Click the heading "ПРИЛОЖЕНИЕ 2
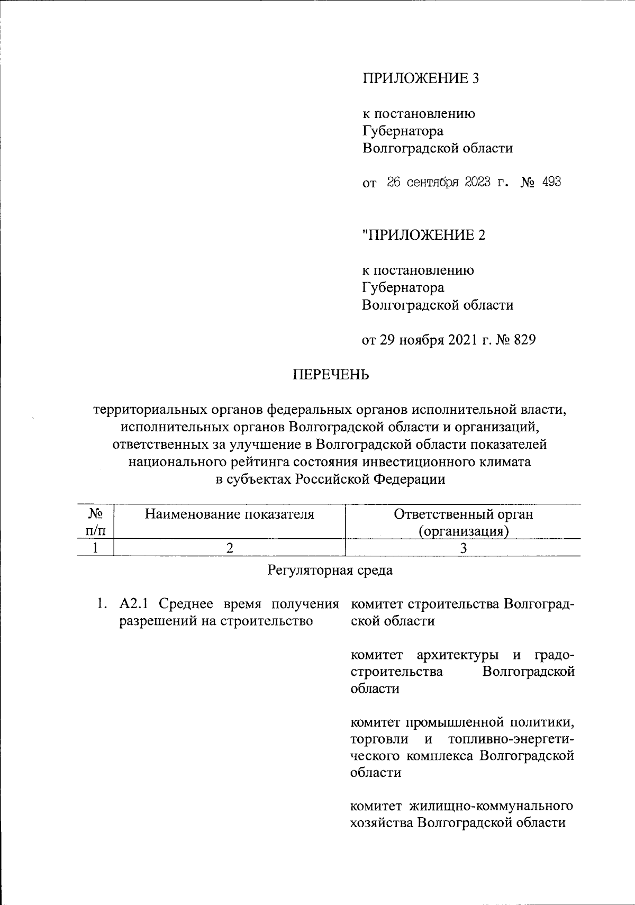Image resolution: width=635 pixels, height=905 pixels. click(x=423, y=235)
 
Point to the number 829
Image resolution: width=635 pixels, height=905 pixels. click(x=524, y=340)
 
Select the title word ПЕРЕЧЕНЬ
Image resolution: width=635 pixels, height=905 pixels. click(x=331, y=375)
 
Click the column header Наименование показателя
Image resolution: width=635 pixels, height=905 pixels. click(x=229, y=514)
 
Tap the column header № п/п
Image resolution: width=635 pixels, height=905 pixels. click(x=95, y=521)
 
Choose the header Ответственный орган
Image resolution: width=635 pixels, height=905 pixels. click(x=464, y=514)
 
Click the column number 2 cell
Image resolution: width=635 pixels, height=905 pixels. click(x=229, y=548)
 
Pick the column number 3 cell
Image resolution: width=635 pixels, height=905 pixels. click(x=463, y=548)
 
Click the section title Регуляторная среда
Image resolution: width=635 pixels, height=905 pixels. click(x=331, y=571)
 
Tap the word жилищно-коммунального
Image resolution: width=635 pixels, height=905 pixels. click(x=496, y=806)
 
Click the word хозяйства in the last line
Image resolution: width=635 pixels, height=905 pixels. click(x=381, y=823)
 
